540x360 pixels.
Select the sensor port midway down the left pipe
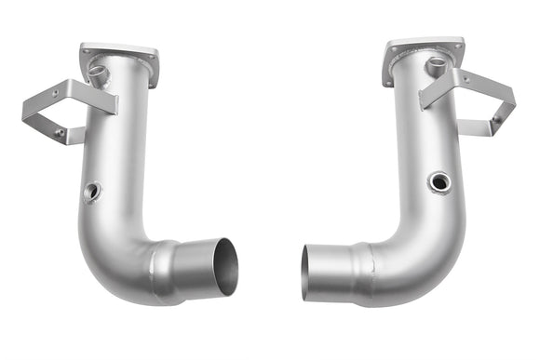[x=90, y=193]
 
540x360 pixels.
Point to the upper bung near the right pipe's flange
[x=435, y=66]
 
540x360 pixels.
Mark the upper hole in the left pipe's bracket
[x=55, y=94]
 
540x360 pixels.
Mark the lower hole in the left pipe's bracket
[x=60, y=133]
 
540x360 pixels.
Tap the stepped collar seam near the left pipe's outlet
[x=168, y=270]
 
